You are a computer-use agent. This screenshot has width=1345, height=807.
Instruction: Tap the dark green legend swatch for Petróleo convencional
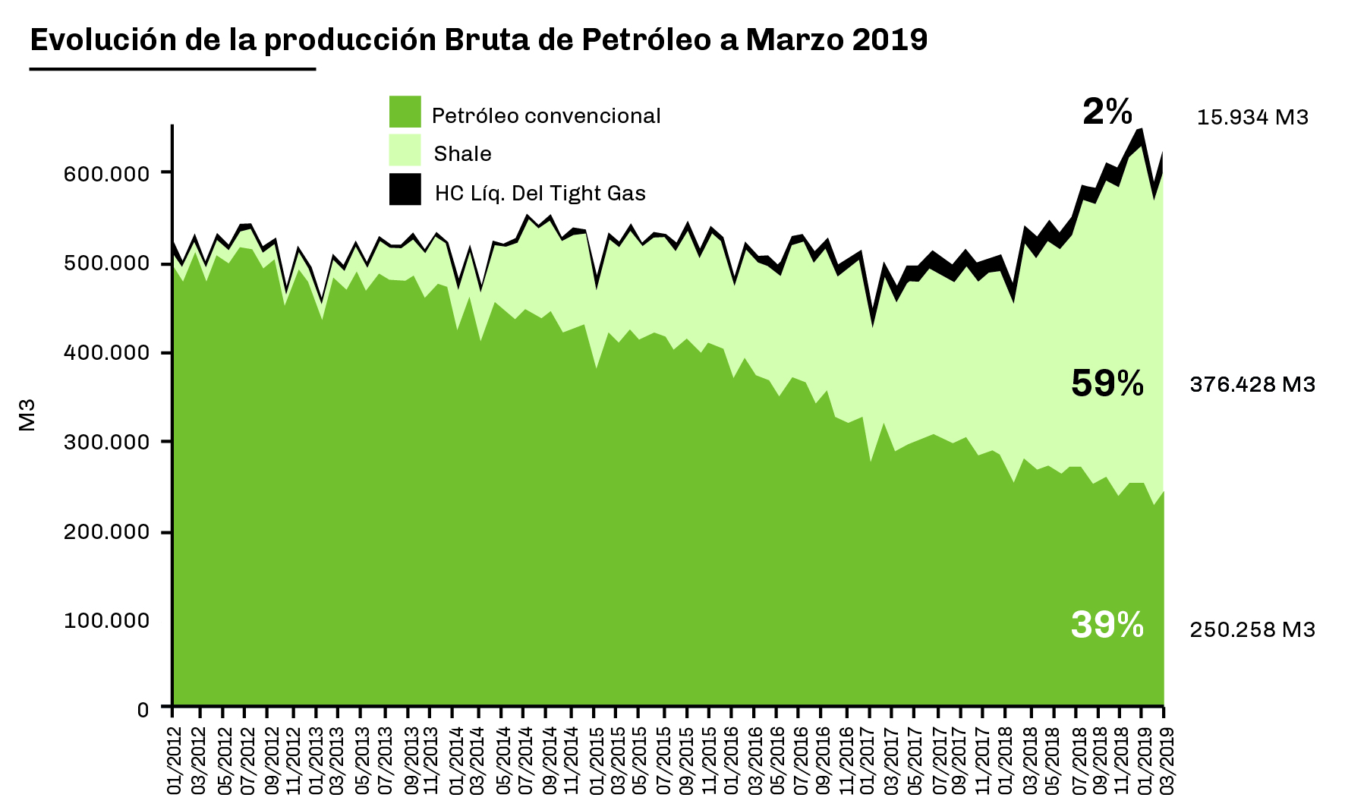tap(405, 112)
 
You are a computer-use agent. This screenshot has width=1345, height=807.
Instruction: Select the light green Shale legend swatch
tap(405, 150)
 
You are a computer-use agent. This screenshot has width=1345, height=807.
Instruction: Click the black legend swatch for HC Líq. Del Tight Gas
tap(405, 190)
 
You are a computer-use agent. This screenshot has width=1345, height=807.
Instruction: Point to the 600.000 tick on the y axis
tap(106, 174)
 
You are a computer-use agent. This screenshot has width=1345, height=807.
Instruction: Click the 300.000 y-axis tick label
tap(106, 442)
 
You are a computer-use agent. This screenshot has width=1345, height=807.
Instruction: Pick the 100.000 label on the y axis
tap(106, 621)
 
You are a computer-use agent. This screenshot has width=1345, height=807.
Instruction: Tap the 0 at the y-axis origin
tap(143, 709)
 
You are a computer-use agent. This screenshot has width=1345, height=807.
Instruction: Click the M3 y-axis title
tap(27, 415)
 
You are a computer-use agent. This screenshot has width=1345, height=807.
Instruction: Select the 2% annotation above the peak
tap(1107, 112)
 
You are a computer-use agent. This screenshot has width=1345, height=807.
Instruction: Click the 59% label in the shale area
tap(1107, 384)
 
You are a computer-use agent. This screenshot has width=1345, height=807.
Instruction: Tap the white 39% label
tap(1107, 626)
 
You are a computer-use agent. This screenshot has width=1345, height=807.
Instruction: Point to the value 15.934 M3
tap(1252, 118)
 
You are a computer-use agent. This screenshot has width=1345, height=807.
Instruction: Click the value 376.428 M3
tap(1252, 385)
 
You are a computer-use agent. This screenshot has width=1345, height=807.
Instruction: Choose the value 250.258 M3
tap(1252, 630)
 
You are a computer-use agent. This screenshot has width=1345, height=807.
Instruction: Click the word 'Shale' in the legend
tap(462, 154)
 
